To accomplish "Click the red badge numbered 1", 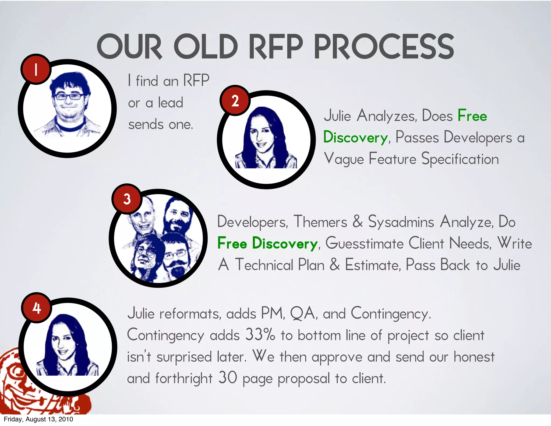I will click(36, 69).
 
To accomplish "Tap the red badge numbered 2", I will click(235, 101).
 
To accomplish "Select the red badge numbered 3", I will click(127, 199).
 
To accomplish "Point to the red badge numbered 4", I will click(37, 308).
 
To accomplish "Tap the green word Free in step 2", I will click(472, 116).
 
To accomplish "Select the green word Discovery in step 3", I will click(285, 243).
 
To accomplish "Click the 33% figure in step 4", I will click(260, 335).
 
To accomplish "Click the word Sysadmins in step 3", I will click(401, 222).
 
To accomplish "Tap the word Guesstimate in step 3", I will click(365, 243).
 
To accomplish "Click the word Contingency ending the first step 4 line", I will click(391, 314).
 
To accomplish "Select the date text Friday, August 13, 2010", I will click(38, 419).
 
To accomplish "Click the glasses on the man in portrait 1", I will click(69, 96).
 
